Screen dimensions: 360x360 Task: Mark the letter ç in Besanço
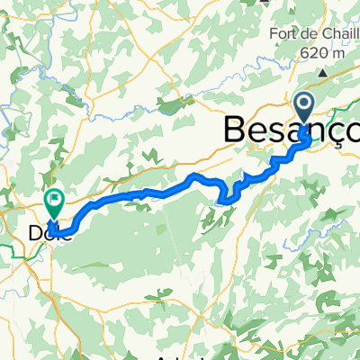point(337,133)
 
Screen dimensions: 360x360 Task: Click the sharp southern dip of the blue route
point(227,201)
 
